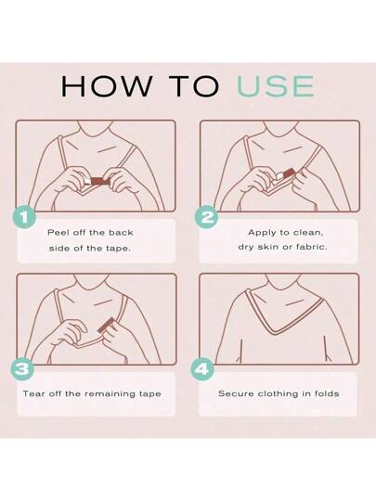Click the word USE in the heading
[276, 86]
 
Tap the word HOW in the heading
[107, 86]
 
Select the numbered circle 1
[24, 218]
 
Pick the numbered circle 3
[22, 369]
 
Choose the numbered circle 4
[202, 369]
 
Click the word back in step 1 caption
[121, 232]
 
